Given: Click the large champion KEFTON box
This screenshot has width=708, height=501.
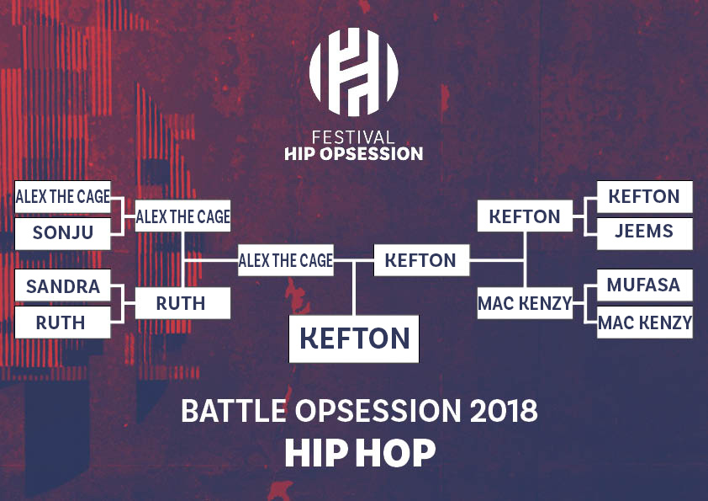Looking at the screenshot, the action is coord(354,338).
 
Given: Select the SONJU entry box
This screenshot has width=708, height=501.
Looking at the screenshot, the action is coord(63,233).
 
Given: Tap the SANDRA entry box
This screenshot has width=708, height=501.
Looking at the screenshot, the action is coord(63,285).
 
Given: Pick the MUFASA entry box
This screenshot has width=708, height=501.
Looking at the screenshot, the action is coord(645,285).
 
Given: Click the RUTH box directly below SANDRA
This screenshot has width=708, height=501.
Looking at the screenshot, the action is coord(63,322).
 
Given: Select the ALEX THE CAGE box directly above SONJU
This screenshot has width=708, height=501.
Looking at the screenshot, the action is coord(63,197).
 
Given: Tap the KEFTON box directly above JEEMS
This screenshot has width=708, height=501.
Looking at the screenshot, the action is coord(645,197).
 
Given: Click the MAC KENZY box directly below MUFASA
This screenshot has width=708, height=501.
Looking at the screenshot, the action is coord(645,322).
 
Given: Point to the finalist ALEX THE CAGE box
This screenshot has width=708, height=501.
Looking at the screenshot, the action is coord(286,260).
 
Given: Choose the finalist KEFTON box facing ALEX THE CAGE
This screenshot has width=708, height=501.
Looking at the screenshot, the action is coord(422,260).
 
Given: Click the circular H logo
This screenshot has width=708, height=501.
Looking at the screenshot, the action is coord(353,72).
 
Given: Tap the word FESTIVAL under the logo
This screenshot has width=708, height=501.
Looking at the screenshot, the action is coord(353,137).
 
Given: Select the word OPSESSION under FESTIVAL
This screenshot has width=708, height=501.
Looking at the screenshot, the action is coord(371,154).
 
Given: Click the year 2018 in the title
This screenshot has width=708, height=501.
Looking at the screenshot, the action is coord(504,411).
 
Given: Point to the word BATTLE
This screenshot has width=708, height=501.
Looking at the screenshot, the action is coord(234,411).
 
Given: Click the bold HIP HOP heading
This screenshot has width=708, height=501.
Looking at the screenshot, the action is coord(360,453).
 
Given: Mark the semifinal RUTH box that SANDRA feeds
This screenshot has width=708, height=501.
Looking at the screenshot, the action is coord(182,303).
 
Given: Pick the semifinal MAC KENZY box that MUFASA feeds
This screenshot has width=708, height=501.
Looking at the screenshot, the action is coord(526,303).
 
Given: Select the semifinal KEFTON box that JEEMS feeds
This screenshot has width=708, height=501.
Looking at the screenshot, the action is coord(526,216).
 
